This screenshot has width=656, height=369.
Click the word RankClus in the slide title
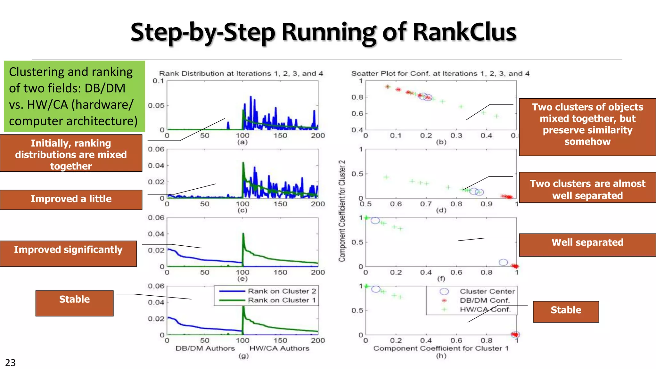click(464, 32)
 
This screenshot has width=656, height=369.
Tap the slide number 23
click(10, 363)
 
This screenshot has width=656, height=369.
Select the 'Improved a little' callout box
click(71, 199)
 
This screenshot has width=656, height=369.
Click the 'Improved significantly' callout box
click(68, 253)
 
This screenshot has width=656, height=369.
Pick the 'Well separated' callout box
click(587, 244)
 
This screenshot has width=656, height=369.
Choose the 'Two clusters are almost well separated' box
click(587, 187)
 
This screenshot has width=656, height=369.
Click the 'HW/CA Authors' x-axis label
click(279, 348)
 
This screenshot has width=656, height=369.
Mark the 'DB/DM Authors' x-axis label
click(205, 348)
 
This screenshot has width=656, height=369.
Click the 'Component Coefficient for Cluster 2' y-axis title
click(342, 211)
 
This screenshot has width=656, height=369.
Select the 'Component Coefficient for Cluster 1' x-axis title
click(441, 348)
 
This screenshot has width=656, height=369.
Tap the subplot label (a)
click(242, 142)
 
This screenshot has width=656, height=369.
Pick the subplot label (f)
click(441, 279)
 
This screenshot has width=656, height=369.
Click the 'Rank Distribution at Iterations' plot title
click(241, 73)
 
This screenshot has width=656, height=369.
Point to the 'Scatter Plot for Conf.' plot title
click(440, 73)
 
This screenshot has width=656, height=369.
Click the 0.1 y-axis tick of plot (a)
click(158, 81)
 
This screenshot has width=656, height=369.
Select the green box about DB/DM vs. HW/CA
click(74, 96)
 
